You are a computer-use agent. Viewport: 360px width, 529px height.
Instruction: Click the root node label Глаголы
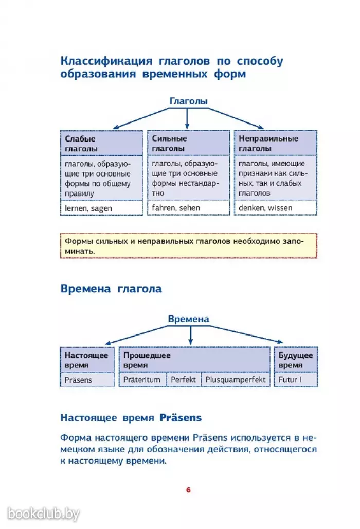(188, 101)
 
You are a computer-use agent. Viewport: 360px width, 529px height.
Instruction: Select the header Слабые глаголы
(101, 144)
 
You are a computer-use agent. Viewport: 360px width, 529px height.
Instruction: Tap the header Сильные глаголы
(188, 143)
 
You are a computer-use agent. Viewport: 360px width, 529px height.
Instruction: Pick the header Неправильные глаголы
(275, 143)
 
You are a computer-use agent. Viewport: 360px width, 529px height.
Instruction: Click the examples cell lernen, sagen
(101, 208)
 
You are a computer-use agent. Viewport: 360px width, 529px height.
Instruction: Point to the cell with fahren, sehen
(188, 208)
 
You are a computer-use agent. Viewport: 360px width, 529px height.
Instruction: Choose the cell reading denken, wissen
(275, 208)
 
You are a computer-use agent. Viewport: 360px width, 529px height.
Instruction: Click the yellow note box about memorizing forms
(188, 245)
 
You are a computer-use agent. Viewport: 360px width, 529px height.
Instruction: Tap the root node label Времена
(188, 319)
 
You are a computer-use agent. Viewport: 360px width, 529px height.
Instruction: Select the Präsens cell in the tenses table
(87, 380)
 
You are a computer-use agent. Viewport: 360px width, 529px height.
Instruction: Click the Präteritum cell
(142, 380)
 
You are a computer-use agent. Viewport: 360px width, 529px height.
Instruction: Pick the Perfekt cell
(184, 380)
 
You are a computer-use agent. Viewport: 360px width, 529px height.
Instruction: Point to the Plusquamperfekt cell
(236, 380)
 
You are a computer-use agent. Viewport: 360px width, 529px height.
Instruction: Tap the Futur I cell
(296, 380)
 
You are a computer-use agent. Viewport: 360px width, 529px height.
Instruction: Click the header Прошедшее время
(194, 360)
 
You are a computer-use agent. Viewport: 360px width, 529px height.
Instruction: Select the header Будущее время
(296, 360)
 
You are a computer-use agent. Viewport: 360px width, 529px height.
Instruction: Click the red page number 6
(188, 490)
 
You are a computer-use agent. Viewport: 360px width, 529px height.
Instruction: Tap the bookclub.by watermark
(43, 514)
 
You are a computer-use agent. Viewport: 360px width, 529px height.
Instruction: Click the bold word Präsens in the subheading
(181, 418)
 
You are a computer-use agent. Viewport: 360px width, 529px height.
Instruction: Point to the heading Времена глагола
(111, 289)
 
